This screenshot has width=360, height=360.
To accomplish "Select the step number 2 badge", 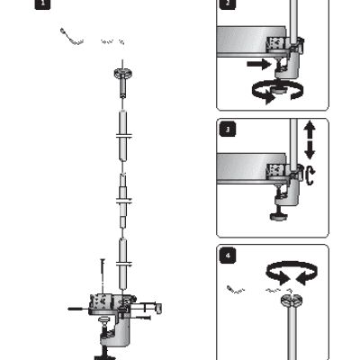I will tap(229, 4).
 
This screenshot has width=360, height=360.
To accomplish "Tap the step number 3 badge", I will tap(229, 130).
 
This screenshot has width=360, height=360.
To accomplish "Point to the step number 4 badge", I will tap(229, 255).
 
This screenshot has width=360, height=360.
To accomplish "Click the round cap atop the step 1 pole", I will tap(123, 75).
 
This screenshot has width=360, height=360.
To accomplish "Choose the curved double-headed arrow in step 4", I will tap(288, 273).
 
